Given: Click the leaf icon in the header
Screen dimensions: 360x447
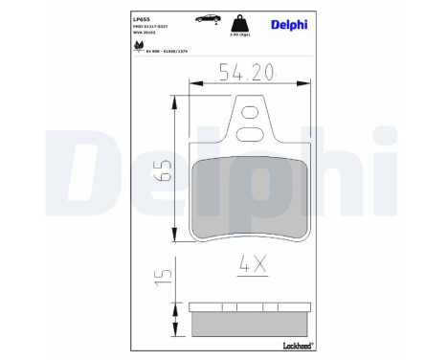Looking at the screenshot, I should click(136, 42).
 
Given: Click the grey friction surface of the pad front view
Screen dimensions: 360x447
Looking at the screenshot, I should click(249, 196).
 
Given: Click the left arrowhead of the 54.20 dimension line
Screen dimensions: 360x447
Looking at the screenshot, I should click(194, 86).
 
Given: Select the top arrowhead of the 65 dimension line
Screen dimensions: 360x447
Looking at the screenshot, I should click(174, 100).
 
